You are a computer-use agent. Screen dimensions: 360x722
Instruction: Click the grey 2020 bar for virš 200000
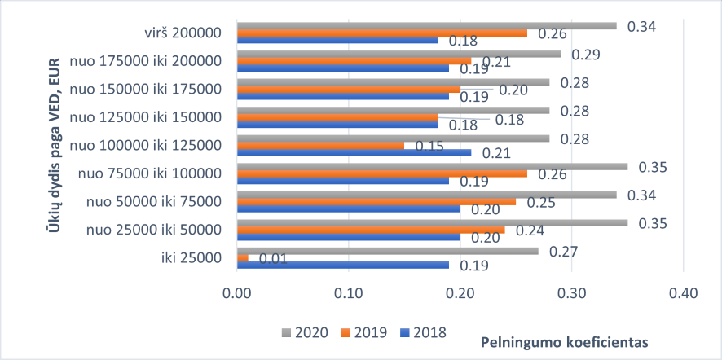tap(426, 25)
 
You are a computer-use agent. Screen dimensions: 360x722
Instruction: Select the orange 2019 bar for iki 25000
tap(242, 258)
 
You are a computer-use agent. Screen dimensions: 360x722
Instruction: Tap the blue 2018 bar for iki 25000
tap(342, 266)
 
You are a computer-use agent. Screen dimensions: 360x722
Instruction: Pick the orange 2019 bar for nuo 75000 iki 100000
tap(381, 173)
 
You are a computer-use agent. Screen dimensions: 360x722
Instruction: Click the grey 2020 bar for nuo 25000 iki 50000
tap(432, 222)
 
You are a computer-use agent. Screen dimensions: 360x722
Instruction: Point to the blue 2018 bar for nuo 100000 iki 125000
tap(354, 152)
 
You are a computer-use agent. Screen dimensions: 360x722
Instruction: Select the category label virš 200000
tap(180, 33)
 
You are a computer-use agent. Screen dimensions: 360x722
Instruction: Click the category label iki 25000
tap(193, 258)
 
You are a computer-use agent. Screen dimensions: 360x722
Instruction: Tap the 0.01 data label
tap(274, 259)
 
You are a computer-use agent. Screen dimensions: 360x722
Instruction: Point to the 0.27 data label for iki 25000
tap(564, 250)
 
